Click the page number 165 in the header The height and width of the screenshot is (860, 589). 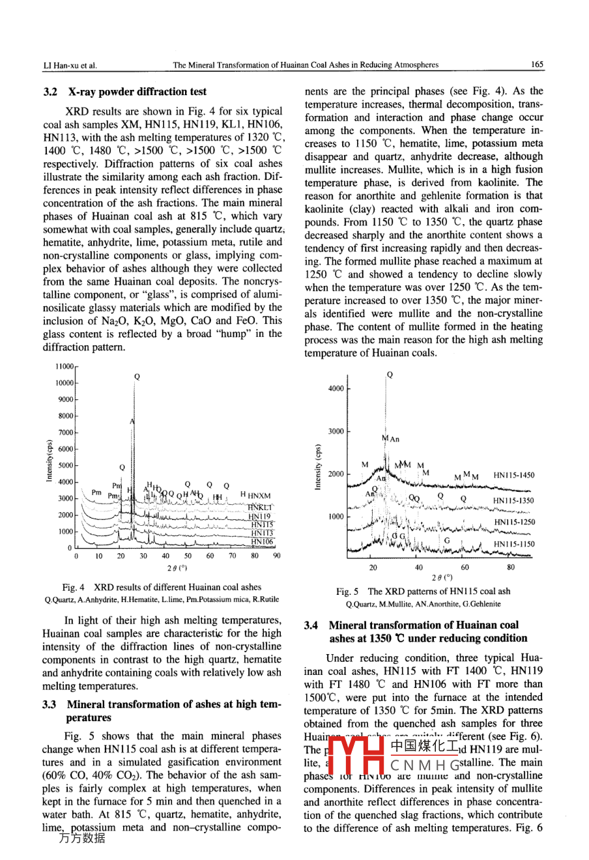[537, 64]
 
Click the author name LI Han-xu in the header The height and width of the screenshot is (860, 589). [69, 65]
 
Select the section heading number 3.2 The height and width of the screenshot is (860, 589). [51, 92]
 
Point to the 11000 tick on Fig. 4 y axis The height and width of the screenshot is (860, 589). [65, 367]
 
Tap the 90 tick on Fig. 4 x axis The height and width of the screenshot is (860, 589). [277, 556]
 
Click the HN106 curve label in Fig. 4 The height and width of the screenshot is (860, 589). [262, 541]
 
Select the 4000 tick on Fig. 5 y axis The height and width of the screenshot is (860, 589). [336, 389]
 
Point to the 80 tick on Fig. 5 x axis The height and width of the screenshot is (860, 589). [511, 567]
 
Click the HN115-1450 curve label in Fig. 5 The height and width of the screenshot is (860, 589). [513, 476]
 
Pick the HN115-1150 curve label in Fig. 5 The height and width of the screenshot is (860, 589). [513, 544]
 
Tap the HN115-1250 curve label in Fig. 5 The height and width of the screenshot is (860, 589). [515, 522]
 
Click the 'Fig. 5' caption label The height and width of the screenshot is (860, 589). [347, 592]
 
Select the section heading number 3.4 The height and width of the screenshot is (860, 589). [311, 625]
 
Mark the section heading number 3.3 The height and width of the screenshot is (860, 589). [50, 704]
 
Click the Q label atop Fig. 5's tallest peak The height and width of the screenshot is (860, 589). [390, 375]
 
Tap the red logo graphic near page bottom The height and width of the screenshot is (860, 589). [355, 756]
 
